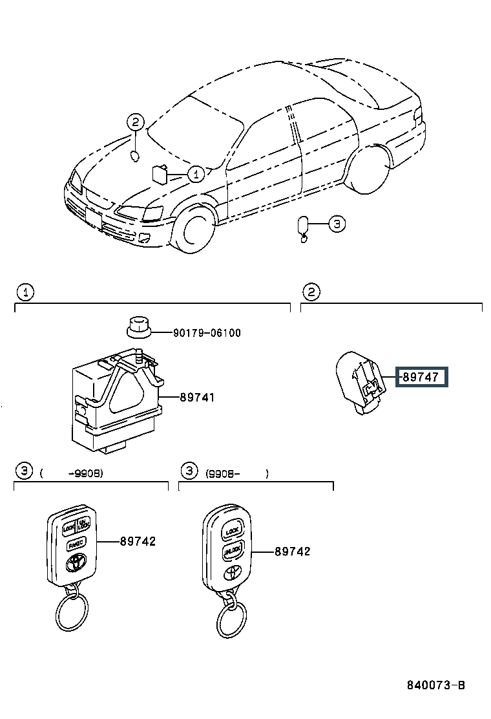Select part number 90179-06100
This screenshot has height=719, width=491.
tap(207, 333)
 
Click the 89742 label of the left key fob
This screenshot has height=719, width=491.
tap(138, 541)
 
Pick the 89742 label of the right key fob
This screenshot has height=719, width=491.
tap(292, 551)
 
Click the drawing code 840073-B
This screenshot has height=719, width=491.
tap(435, 685)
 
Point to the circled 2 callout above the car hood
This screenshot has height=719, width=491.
tap(134, 122)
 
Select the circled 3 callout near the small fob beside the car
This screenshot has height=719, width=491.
tap(337, 224)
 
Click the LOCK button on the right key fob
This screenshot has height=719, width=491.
tap(232, 531)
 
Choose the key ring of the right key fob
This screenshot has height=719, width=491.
tap(231, 619)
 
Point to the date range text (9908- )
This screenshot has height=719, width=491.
tap(236, 473)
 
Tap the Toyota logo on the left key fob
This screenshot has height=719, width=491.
tap(75, 563)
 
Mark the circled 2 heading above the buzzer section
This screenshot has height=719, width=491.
tap(311, 293)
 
